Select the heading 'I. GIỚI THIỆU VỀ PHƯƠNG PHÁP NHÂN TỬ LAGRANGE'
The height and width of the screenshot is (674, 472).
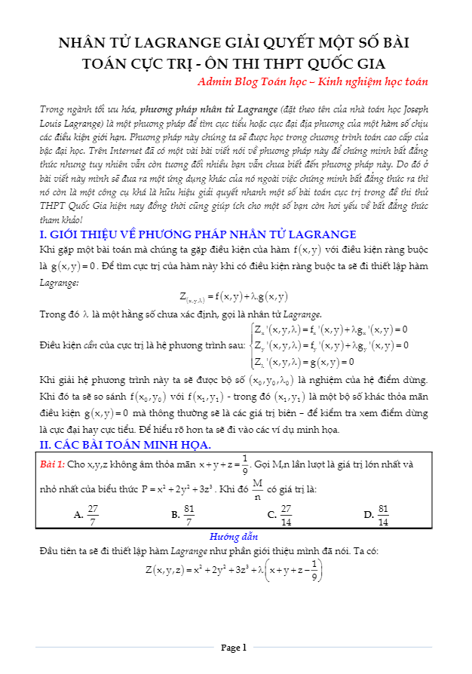click(x=198, y=234)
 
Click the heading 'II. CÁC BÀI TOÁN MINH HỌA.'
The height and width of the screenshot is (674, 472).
click(x=119, y=444)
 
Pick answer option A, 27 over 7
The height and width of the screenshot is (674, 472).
click(x=87, y=515)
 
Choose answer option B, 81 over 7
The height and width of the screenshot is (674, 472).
click(x=184, y=515)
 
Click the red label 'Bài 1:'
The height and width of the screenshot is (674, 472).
click(x=53, y=464)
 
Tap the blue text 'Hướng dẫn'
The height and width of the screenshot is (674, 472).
click(x=234, y=537)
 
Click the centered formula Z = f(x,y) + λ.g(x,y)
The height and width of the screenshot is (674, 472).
click(x=234, y=296)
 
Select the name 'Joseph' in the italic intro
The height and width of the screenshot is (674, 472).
click(x=416, y=108)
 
